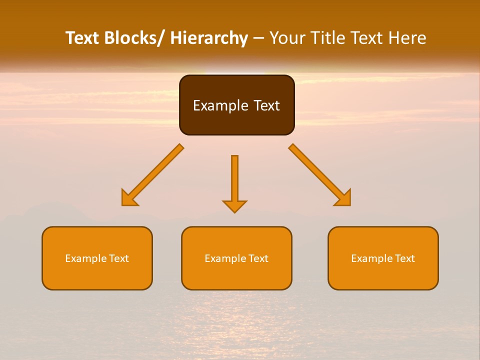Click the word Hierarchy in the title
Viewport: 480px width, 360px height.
(x=209, y=38)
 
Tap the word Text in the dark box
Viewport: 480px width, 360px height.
(x=266, y=105)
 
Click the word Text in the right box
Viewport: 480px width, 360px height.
(x=404, y=258)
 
